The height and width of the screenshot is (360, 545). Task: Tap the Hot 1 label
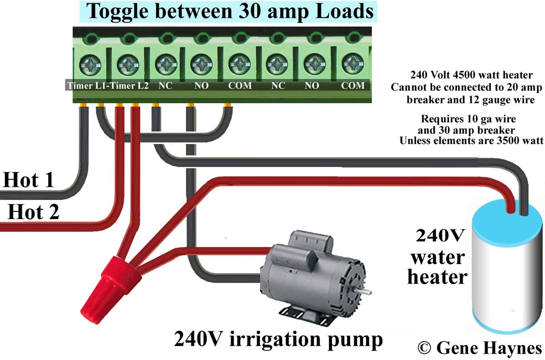pyautogui.click(x=28, y=180)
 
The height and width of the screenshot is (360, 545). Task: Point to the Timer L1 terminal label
pyautogui.click(x=86, y=86)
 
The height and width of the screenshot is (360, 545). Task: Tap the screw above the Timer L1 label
pyautogui.click(x=88, y=65)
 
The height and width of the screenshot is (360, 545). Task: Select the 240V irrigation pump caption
pyautogui.click(x=278, y=339)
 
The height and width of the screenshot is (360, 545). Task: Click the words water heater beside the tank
pyautogui.click(x=437, y=267)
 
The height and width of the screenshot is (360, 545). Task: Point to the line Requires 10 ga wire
pyautogui.click(x=469, y=120)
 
